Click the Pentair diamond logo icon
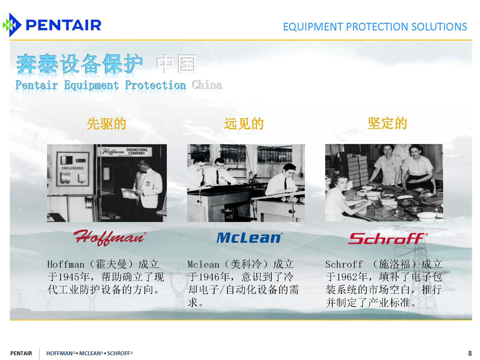12,25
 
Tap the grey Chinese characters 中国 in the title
176,64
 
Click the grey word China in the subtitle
207,85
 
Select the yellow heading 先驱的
107,124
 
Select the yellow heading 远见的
244,124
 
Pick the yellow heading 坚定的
387,123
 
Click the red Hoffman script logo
109,238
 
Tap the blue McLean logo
249,238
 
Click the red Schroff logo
388,239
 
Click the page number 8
470,353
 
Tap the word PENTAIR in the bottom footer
21,353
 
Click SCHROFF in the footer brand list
119,353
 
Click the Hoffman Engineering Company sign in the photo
125,151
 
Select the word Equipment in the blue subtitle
91,85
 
